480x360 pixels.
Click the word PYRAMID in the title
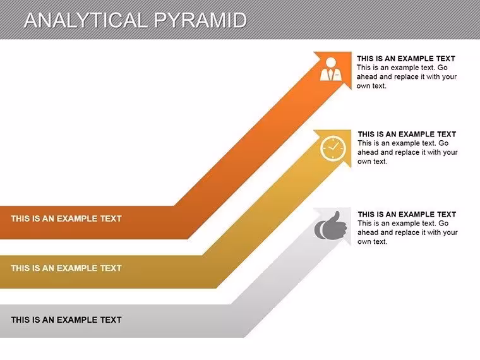(200, 20)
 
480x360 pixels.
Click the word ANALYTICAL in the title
(86, 20)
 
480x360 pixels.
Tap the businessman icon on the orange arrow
(330, 69)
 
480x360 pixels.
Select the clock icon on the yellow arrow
(333, 148)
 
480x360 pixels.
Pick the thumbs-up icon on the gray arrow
(330, 226)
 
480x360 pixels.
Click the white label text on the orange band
(66, 219)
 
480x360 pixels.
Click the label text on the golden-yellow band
(66, 268)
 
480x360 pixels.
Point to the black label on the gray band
(66, 320)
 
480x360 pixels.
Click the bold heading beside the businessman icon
(406, 59)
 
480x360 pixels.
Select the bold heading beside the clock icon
(407, 134)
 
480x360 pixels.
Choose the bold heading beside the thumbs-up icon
(407, 214)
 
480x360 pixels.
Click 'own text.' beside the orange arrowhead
(371, 86)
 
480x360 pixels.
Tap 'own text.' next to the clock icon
(372, 162)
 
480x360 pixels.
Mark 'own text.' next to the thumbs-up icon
(372, 241)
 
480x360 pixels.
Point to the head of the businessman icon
(331, 62)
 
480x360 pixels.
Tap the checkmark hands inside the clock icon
(333, 147)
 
